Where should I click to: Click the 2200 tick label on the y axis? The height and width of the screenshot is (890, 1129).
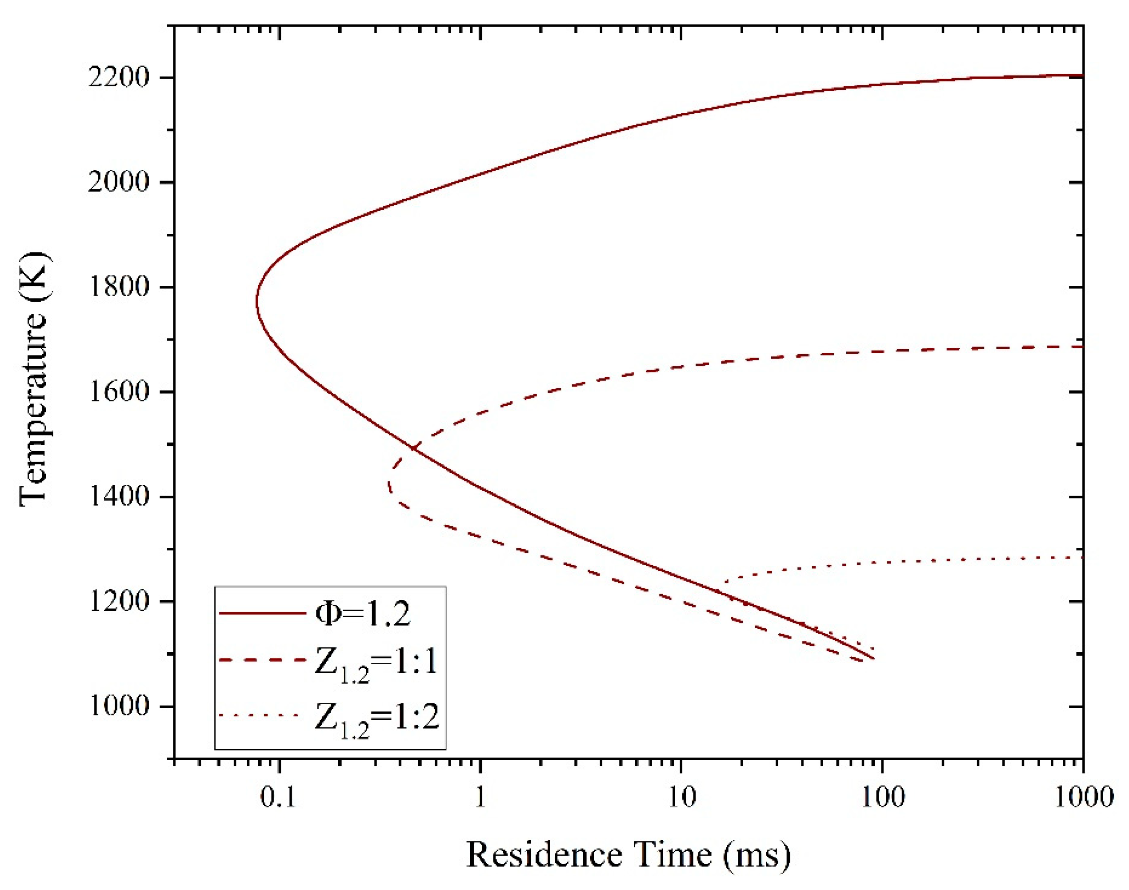119,78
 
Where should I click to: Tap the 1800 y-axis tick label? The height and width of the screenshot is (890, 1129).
119,287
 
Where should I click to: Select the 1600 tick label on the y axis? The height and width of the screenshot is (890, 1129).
119,392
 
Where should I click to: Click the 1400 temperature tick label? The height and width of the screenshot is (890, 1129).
119,497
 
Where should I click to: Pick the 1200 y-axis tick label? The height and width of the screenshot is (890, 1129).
119,601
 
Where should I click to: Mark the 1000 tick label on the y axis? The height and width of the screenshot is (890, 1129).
119,706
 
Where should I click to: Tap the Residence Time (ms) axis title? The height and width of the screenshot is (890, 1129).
628,855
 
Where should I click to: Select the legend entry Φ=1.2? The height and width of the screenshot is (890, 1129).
363,614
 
